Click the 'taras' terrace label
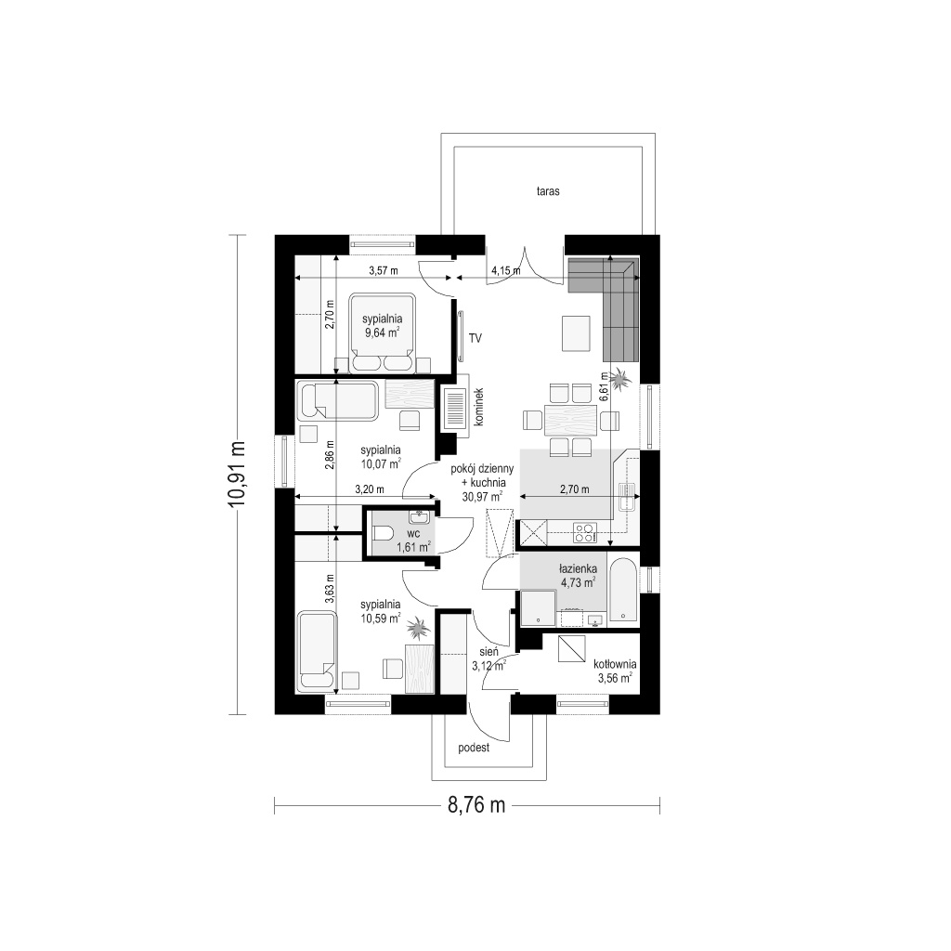click(548, 191)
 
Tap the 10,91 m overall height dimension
click(237, 475)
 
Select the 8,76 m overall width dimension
click(476, 805)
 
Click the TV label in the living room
click(475, 338)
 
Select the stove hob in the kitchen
click(585, 532)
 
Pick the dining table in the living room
click(571, 420)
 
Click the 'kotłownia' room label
click(616, 665)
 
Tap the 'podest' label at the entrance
click(474, 748)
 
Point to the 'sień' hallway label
click(489, 652)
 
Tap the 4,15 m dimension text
click(505, 271)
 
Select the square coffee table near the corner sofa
click(576, 333)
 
